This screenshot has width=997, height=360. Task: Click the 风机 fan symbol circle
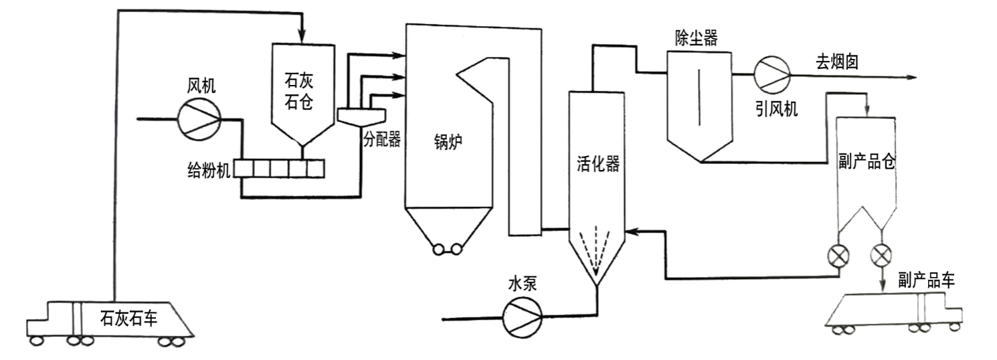point(199,120)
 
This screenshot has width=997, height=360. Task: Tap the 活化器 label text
point(598,165)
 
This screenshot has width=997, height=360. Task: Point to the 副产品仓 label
point(867,163)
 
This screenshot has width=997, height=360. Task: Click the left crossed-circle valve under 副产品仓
point(837,255)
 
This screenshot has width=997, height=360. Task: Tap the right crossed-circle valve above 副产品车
point(881,255)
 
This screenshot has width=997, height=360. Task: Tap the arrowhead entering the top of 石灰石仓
point(302,34)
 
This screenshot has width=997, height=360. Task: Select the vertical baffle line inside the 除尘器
point(699,97)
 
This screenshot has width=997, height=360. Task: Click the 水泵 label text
point(522,284)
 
